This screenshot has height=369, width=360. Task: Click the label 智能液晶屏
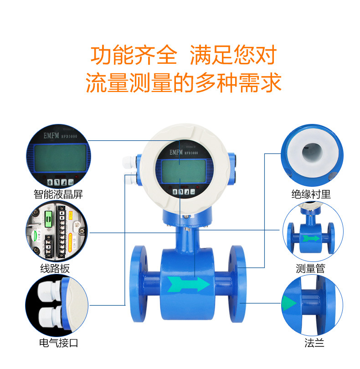(x=59, y=194)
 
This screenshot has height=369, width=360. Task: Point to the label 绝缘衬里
(x=311, y=194)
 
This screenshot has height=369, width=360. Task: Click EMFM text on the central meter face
(x=173, y=154)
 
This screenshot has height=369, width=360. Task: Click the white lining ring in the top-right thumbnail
(x=312, y=153)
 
